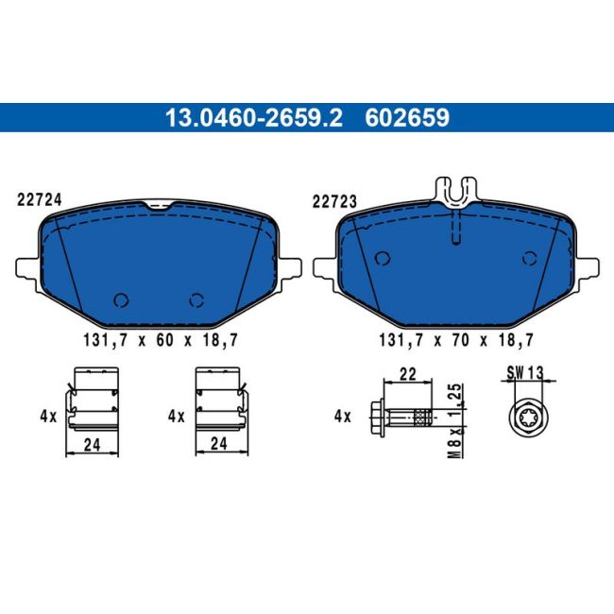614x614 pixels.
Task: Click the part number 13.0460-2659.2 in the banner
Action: click(x=254, y=118)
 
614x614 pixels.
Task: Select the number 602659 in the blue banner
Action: click(x=407, y=118)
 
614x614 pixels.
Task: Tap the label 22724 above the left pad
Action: click(x=39, y=200)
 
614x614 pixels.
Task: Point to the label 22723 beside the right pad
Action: click(x=334, y=202)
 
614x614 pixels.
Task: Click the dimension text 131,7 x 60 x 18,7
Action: click(x=161, y=340)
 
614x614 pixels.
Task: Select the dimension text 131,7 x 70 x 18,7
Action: click(x=456, y=340)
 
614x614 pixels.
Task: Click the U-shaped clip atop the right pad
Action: click(x=456, y=191)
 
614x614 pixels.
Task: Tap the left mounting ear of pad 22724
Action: click(x=27, y=268)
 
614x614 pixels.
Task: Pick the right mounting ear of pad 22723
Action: click(x=587, y=268)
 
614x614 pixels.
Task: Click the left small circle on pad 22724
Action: click(x=121, y=300)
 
